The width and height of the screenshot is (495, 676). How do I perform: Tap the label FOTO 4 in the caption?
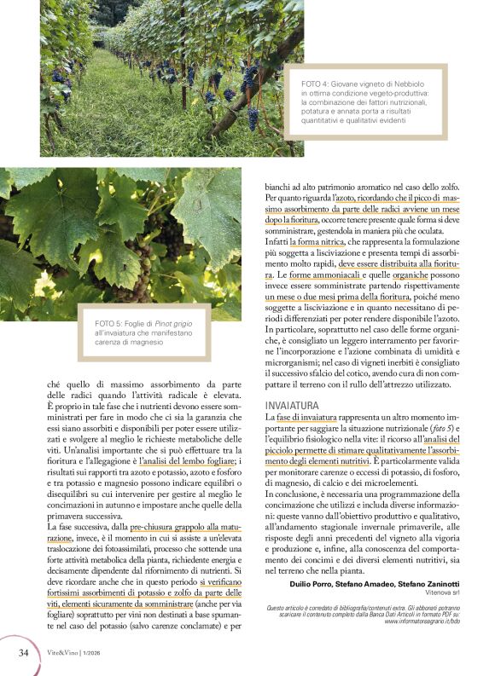click(x=318, y=85)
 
